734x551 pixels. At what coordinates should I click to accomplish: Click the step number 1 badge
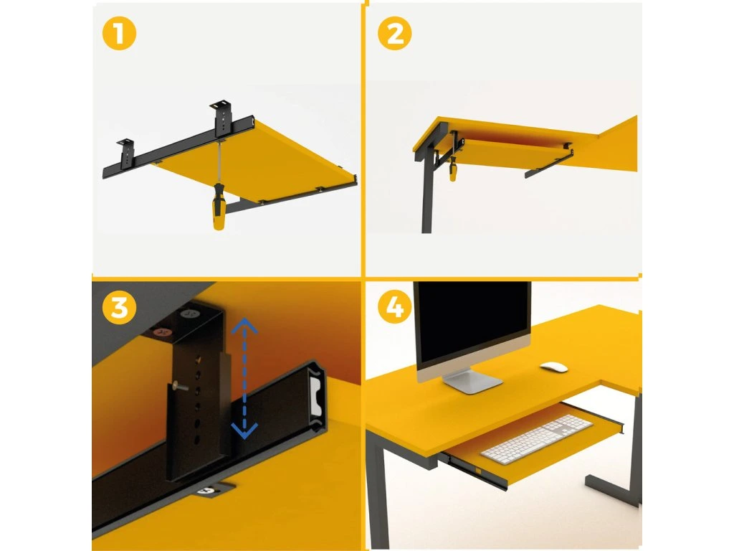(119, 33)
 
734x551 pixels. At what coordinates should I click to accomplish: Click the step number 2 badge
(395, 33)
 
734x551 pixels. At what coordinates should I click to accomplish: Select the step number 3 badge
(119, 308)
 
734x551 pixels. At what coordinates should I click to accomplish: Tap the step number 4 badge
(395, 308)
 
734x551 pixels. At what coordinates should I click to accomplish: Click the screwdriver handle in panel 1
(219, 207)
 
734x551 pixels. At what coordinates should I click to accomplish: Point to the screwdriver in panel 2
(452, 169)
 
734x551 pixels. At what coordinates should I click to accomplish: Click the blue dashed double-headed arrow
(244, 378)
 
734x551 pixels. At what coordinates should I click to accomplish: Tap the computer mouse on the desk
(554, 367)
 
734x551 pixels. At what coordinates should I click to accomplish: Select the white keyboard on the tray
(536, 439)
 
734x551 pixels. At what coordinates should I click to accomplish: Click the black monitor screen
(472, 322)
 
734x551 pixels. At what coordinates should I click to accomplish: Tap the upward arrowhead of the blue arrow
(244, 324)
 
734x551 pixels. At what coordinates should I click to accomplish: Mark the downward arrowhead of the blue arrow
(244, 431)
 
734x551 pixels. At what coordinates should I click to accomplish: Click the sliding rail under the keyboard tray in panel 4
(476, 471)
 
